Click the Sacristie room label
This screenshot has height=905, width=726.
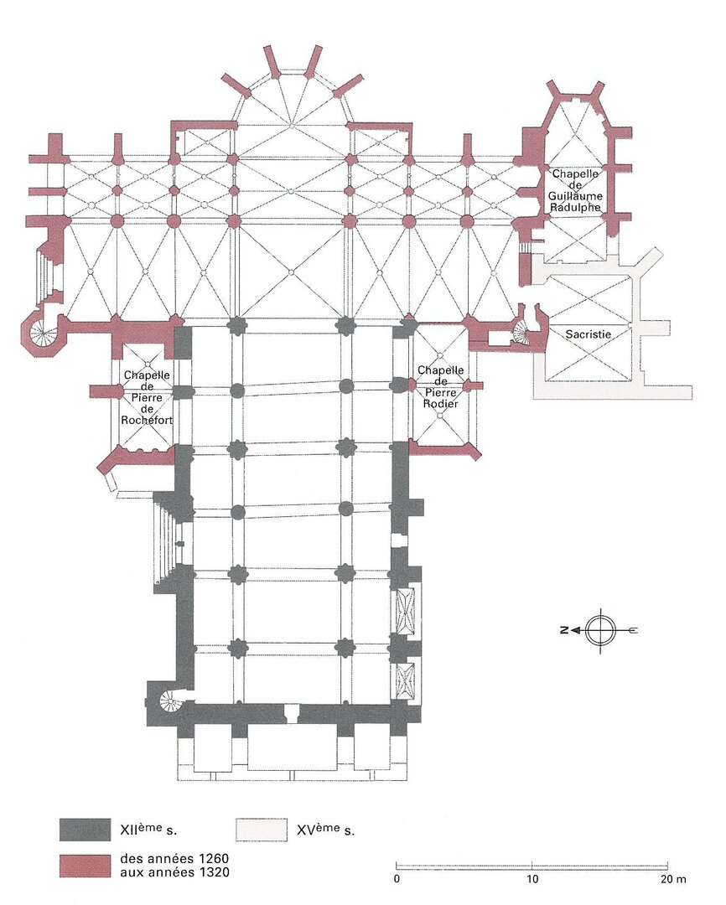click(588, 334)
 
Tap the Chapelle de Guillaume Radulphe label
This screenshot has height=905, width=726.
click(575, 190)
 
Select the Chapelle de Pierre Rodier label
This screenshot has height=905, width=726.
click(440, 386)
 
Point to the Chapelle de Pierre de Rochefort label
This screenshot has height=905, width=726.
click(147, 398)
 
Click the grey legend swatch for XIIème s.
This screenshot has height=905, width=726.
click(85, 830)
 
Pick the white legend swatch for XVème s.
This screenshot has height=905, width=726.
click(262, 830)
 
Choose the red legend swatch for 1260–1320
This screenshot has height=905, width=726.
click(85, 866)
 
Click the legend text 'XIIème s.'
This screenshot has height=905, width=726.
click(148, 830)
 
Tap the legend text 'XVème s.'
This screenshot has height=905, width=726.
click(326, 830)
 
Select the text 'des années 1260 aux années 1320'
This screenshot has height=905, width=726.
click(174, 865)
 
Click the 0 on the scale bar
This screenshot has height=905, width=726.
click(397, 879)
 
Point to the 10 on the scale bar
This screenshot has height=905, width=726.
click(532, 879)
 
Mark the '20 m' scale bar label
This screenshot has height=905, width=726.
click(673, 879)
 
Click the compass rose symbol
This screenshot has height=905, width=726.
click(600, 630)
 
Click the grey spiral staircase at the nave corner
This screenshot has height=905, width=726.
click(170, 702)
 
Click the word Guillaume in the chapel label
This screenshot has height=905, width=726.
click(575, 195)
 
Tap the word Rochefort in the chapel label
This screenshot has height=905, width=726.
click(147, 420)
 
